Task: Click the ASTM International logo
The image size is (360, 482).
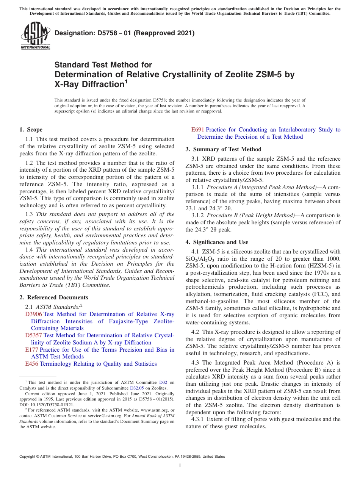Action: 35,36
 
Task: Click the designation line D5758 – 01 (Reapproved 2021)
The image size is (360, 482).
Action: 125,33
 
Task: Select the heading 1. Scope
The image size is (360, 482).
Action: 31,130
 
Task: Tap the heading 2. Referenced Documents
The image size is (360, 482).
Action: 54,297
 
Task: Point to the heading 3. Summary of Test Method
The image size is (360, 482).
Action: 223,149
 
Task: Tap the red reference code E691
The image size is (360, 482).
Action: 198,130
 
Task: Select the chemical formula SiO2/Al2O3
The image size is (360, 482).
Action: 199,259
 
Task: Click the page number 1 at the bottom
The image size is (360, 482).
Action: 180,466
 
